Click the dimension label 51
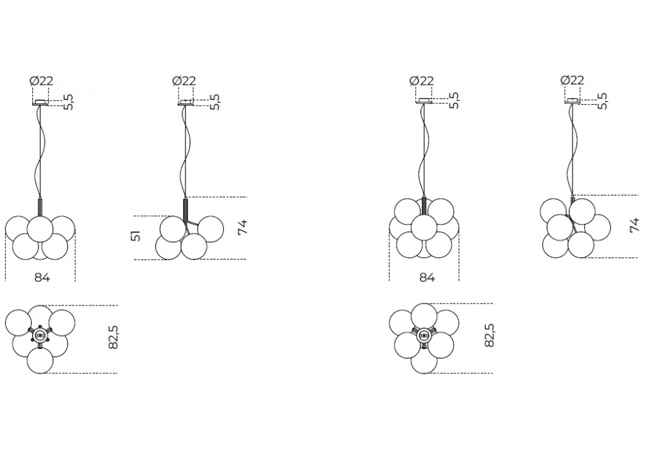[x=137, y=236]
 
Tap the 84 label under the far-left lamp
[x=42, y=277]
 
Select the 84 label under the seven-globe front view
[x=427, y=277]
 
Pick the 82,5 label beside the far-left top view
[x=113, y=337]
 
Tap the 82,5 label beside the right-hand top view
[x=489, y=335]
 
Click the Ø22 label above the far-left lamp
[x=41, y=80]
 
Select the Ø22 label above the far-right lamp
[x=573, y=80]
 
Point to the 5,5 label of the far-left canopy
[x=69, y=102]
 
